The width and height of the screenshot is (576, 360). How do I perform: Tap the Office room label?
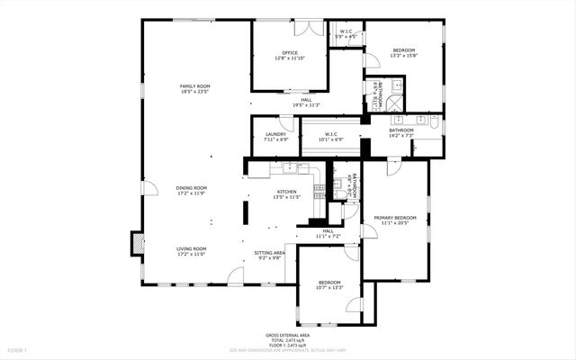(290, 53)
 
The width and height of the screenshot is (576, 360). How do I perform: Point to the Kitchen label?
(286, 192)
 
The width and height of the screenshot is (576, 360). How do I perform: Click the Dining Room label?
(191, 188)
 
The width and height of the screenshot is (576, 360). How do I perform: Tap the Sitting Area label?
(269, 253)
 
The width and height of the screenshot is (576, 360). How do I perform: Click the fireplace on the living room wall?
(138, 243)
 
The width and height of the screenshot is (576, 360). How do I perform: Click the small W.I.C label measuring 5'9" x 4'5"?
(346, 32)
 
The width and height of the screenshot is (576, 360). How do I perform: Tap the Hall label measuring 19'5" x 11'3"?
(301, 102)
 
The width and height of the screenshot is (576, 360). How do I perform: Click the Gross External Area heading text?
(288, 333)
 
